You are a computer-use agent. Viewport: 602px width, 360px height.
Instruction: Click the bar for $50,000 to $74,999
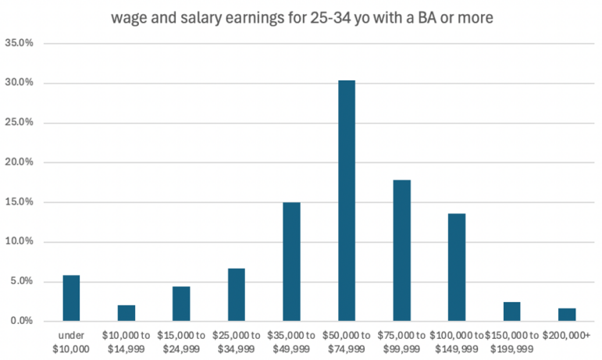(347, 201)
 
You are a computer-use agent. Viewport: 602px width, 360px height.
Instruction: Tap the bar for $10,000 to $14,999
(126, 312)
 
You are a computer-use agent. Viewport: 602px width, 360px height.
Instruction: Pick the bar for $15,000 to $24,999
(181, 303)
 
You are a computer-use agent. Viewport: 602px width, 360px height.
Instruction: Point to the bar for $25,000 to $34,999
(237, 294)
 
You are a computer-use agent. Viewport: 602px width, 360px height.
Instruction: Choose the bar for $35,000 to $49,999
(291, 262)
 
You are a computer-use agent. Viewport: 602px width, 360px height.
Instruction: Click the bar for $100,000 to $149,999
(457, 267)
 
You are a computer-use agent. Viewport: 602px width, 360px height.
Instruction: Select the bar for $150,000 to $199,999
(512, 311)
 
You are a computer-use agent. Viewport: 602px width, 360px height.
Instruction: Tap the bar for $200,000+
(567, 314)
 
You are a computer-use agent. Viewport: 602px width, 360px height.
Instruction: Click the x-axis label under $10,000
(71, 342)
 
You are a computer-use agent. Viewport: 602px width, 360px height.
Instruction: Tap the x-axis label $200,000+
(567, 335)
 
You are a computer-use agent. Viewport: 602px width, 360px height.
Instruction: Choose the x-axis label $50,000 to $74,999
(347, 342)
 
